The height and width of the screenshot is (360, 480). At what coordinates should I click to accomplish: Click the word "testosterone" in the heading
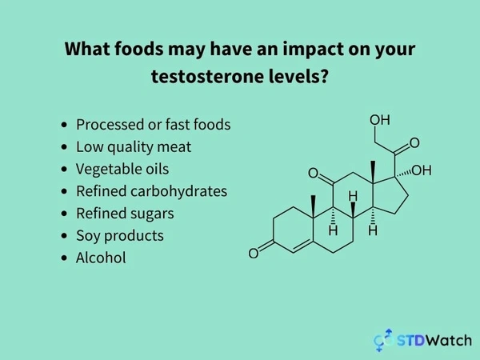[x=198, y=78]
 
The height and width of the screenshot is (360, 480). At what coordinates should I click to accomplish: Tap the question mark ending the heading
[x=326, y=78]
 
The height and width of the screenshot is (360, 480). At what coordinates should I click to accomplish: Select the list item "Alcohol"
[x=101, y=258]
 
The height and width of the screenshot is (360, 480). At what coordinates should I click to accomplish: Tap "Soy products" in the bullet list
[x=119, y=235]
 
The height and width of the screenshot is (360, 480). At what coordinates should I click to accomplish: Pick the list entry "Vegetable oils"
[x=122, y=169]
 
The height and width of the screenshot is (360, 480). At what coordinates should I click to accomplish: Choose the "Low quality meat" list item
[x=133, y=146]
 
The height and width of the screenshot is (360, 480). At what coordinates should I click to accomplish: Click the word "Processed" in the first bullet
[x=108, y=125]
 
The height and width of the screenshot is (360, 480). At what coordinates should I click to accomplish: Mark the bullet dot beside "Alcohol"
[x=64, y=258]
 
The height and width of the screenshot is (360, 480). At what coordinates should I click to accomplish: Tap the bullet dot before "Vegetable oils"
[x=64, y=170]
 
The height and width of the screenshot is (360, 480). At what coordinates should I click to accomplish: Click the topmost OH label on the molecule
[x=379, y=120]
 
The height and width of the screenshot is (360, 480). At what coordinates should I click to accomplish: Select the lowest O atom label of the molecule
[x=254, y=254]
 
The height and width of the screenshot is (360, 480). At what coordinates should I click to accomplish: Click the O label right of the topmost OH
[x=414, y=144]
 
